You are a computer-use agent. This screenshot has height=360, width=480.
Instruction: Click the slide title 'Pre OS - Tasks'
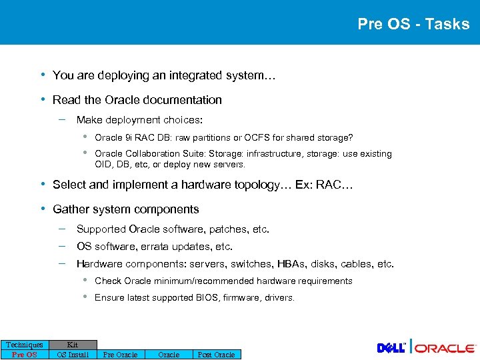[413, 24]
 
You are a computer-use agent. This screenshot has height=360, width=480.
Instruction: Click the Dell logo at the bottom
[391, 348]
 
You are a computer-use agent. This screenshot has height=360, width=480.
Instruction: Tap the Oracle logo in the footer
[446, 348]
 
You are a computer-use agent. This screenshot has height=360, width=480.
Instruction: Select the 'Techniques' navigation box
[25, 345]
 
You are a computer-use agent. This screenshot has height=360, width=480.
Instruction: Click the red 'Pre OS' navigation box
[25, 355]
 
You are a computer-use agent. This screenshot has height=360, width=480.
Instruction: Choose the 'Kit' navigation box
[73, 345]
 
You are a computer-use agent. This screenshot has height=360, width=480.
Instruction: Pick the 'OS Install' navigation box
[73, 355]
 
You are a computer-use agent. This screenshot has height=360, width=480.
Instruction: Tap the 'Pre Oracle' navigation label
[121, 355]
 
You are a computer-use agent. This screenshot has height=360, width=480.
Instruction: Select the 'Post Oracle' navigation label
[216, 355]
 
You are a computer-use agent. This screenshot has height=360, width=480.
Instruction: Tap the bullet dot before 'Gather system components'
[43, 209]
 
